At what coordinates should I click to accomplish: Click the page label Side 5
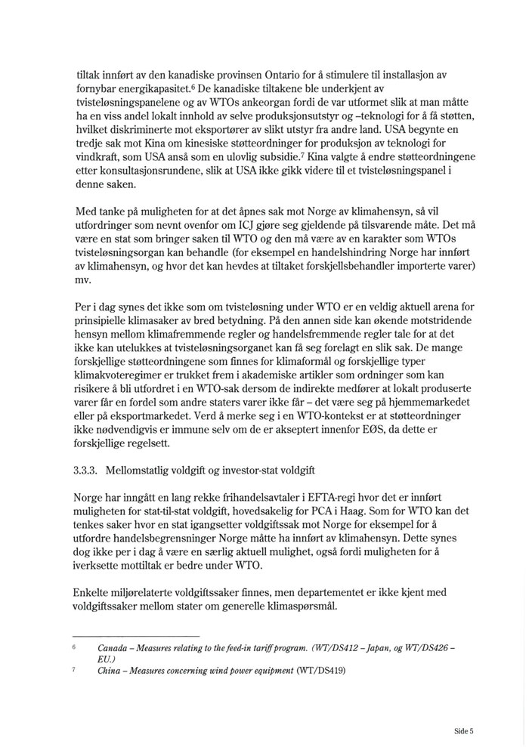463,731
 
